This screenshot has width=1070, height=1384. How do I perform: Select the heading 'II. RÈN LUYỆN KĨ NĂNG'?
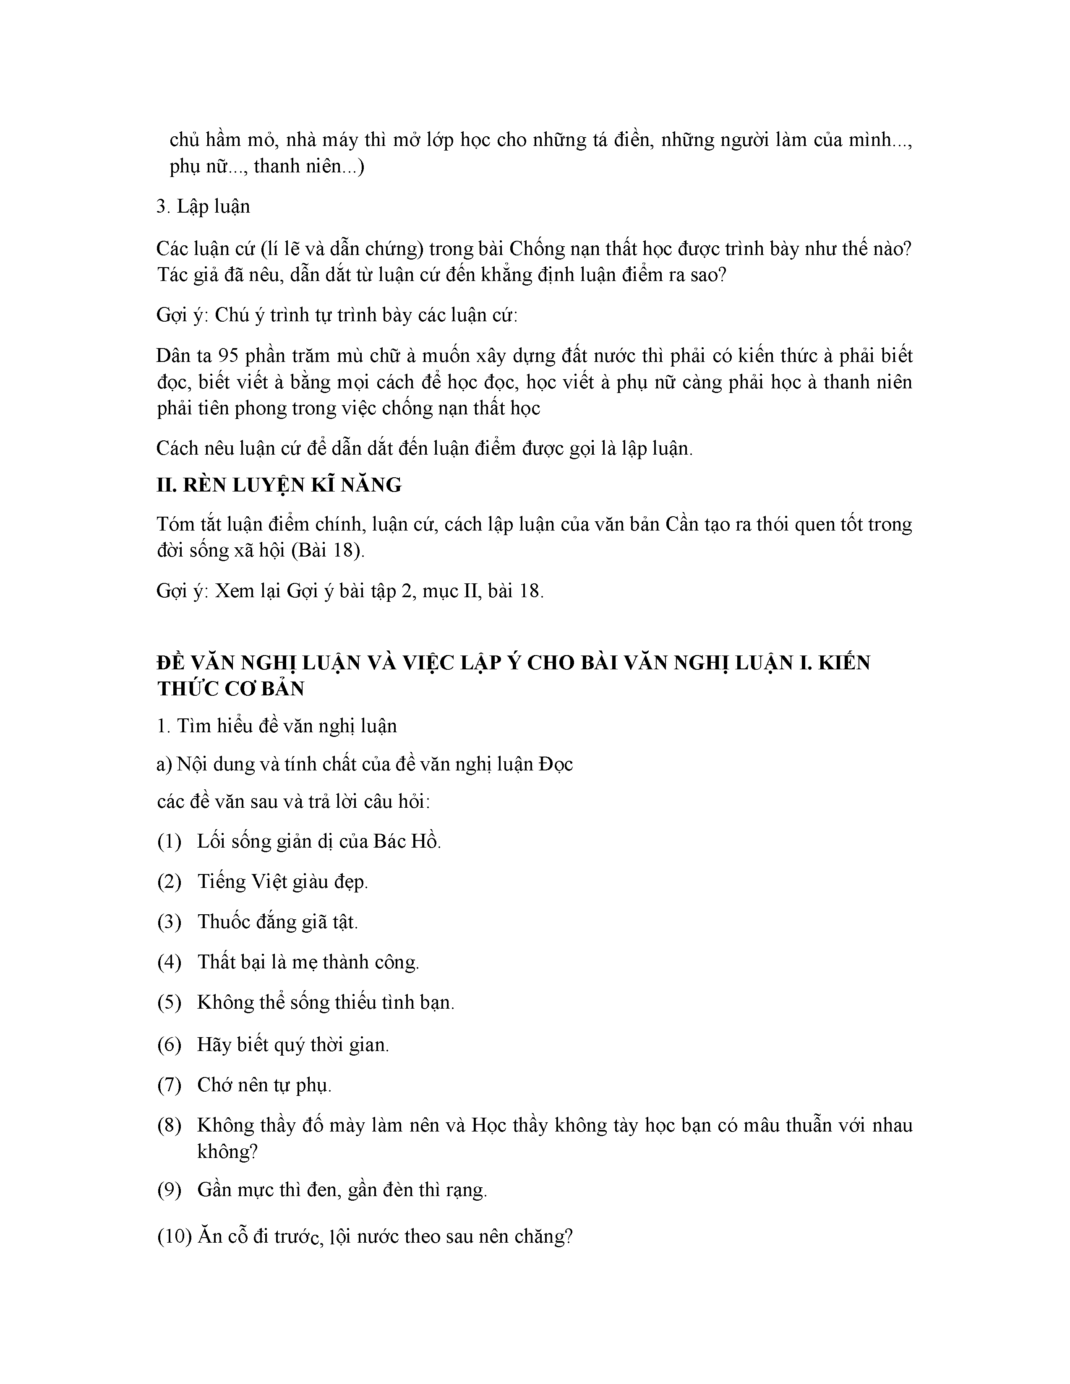tap(279, 485)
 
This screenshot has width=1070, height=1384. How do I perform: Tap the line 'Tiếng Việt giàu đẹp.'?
tap(283, 882)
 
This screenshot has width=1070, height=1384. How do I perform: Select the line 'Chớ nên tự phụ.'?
tap(264, 1085)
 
